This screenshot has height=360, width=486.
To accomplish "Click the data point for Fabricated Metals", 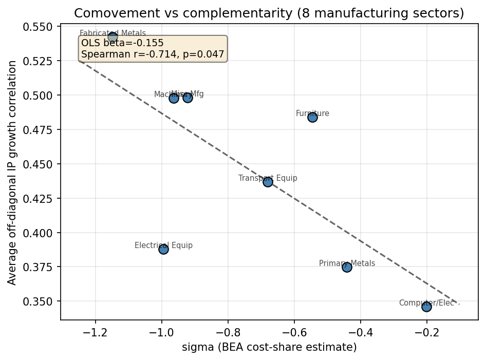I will [113, 37].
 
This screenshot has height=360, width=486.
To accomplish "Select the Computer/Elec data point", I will [426, 307].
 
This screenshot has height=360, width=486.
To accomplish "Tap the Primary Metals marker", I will [347, 267].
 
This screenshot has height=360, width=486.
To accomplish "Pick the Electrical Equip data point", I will [163, 249].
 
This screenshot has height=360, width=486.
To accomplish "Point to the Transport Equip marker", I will [268, 182].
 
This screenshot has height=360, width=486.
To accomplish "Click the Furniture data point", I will [312, 117].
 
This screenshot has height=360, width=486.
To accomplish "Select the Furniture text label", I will [312, 113].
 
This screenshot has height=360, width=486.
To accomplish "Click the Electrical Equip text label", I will [163, 245].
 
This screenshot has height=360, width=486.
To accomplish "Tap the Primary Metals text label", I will [347, 263].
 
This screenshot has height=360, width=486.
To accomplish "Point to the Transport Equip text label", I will [268, 178].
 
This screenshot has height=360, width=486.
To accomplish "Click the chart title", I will [269, 13].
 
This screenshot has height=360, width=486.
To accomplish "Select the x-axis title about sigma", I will [269, 348].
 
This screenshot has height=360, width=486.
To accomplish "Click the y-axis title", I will [12, 172].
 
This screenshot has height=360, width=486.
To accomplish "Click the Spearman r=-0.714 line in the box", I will [153, 54].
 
